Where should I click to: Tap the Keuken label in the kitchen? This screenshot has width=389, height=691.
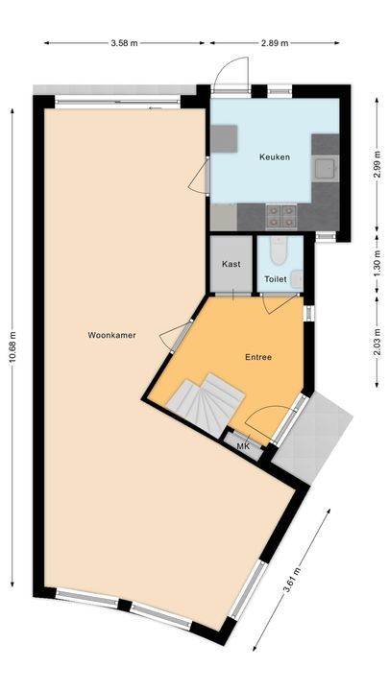[274, 157]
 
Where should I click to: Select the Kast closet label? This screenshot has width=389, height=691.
[231, 263]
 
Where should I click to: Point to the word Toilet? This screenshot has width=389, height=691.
[276, 279]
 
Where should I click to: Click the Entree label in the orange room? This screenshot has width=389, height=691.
[257, 357]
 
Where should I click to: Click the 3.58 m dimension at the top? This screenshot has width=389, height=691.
[123, 43]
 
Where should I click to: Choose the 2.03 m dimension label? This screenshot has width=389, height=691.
[377, 342]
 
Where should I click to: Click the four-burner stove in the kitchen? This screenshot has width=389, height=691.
[279, 214]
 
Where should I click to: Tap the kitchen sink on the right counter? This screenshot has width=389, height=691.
[327, 168]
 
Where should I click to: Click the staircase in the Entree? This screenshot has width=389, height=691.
[206, 401]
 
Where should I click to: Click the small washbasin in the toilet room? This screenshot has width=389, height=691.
[297, 278]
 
